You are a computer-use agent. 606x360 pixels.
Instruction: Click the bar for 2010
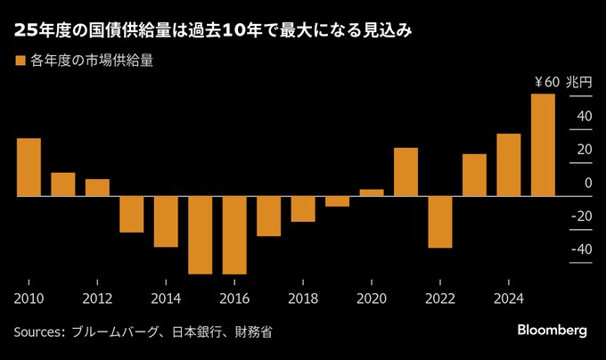tap(29, 167)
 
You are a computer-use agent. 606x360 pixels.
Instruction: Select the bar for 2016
tap(234, 234)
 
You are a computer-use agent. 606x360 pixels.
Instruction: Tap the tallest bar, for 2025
tap(543, 144)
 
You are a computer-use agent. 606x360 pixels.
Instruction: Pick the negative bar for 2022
tap(439, 221)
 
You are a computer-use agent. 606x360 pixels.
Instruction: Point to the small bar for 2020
tap(372, 192)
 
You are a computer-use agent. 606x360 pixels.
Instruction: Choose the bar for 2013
tap(131, 214)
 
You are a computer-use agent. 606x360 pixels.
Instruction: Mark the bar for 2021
tap(405, 171)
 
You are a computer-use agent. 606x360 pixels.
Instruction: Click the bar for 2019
tap(337, 200)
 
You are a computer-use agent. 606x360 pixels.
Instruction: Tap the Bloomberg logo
tap(552, 331)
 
